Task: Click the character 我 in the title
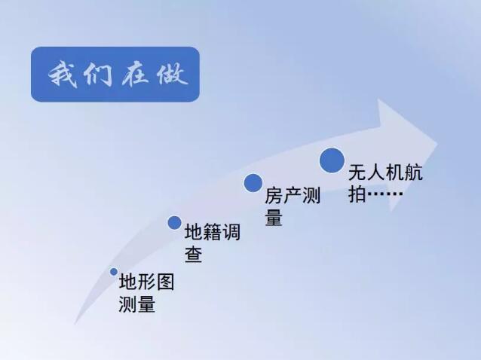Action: coord(63,75)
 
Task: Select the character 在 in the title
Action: coord(135,75)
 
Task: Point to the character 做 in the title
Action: coord(172,75)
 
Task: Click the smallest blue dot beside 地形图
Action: coord(114,272)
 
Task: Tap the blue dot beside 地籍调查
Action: coord(175,222)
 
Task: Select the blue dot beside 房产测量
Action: coord(253,183)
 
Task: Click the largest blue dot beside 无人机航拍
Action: coord(332,160)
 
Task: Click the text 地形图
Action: coord(146,282)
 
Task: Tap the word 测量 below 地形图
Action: coord(137,304)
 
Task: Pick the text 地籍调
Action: coord(213,232)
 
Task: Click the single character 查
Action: coord(193,254)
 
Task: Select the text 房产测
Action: coord(293,195)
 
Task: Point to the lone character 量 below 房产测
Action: coord(274,217)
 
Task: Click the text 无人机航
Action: coord(385,172)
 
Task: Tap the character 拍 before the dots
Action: coord(357,194)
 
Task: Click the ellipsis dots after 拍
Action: coord(385,194)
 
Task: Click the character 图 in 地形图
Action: coord(166,282)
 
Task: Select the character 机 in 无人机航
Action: coord(395,172)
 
